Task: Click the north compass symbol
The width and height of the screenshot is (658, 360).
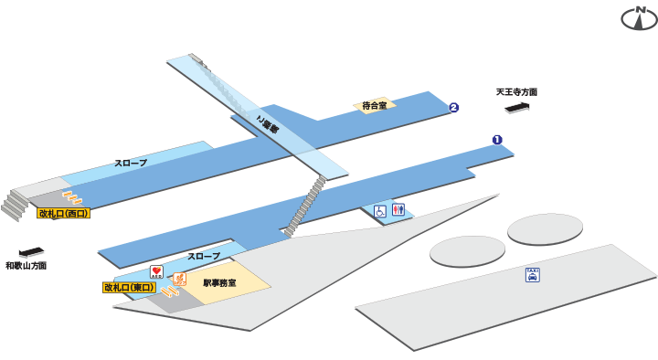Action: [639, 17]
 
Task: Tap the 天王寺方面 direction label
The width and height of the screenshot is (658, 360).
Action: [516, 92]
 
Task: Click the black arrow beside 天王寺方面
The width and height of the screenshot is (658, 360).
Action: [517, 109]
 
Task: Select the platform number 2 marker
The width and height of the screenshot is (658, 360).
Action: [453, 108]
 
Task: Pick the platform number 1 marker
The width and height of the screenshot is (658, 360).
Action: [497, 140]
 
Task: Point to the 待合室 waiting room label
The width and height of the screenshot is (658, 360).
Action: [374, 106]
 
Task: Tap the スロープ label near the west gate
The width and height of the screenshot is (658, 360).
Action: [131, 163]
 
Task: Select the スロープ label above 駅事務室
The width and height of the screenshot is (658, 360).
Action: [204, 257]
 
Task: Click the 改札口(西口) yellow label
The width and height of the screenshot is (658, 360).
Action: [63, 213]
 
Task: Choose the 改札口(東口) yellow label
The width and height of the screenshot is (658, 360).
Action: [129, 287]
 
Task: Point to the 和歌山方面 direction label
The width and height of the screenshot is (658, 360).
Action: [26, 266]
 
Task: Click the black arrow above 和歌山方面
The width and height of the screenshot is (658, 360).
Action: [31, 251]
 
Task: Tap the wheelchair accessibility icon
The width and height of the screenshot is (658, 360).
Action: [380, 211]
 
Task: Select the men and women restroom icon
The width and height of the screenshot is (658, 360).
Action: [398, 210]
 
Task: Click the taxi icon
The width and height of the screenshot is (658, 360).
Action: [532, 274]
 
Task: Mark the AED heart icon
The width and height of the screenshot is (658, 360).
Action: [156, 272]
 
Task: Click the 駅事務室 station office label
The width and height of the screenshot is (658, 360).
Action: [219, 283]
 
